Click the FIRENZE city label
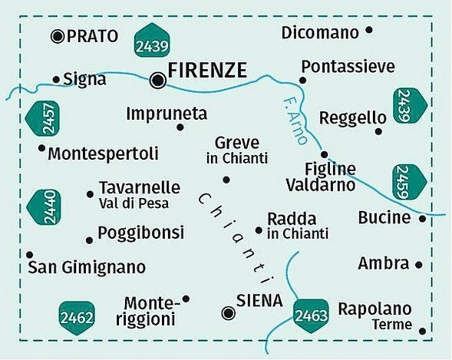point(207,71)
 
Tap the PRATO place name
point(92,35)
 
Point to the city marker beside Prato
point(58,35)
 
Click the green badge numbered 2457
point(45,120)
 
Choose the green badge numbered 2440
point(43,208)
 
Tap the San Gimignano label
point(86,268)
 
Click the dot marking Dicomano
point(369,31)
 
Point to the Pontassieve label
point(348,67)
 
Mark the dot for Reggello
point(378,131)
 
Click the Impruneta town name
point(167,114)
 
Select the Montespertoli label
point(103,154)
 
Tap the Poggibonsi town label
point(141,232)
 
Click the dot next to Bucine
point(422,219)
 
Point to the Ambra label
point(383,263)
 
